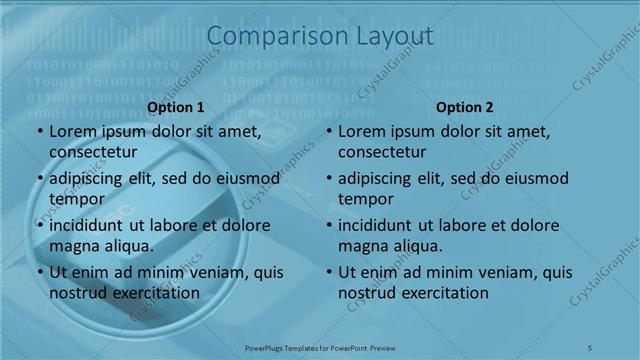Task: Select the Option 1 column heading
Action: [x=176, y=107]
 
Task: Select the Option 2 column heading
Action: [x=465, y=107]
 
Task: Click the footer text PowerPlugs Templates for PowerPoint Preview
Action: [x=320, y=347]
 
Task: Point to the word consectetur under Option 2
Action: [x=382, y=152]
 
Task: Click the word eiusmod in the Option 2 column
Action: [x=535, y=179]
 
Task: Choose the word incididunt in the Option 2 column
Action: [x=377, y=225]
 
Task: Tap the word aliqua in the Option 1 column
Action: [x=128, y=245]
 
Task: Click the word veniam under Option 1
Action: [x=208, y=272]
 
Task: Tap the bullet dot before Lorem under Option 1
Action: [x=40, y=132]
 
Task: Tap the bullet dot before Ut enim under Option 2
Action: [x=329, y=272]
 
